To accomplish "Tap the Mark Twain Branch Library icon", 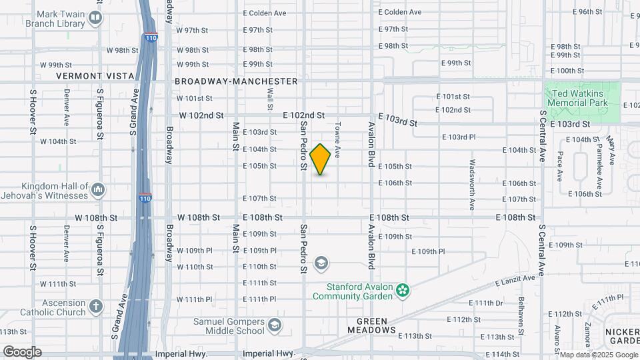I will click(x=95, y=18).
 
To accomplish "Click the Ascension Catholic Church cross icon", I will click(x=96, y=307).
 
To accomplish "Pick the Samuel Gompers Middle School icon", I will click(x=274, y=326).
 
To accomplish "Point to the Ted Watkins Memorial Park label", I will click(x=577, y=99).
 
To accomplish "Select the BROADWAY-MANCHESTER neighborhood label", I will click(x=236, y=81).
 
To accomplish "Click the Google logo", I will click(x=22, y=351).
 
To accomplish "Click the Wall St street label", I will click(x=270, y=99).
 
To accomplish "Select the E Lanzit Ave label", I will click(x=515, y=282).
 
